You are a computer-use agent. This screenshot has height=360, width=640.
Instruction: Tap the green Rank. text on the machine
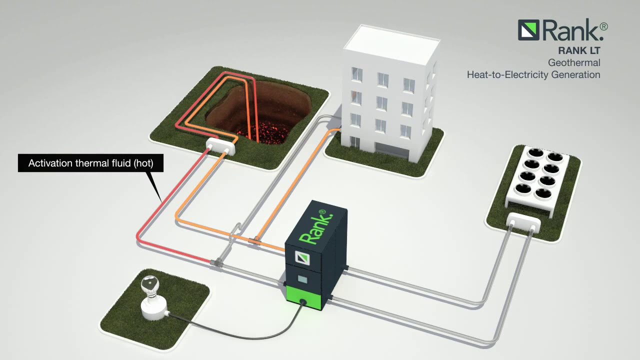click(313, 227)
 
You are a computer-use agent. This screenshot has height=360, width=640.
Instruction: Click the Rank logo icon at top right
click(528, 30)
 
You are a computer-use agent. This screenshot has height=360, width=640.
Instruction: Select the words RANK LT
click(579, 50)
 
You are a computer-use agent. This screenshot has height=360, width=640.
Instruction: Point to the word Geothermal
click(574, 63)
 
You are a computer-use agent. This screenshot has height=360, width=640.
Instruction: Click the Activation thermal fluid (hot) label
click(90, 163)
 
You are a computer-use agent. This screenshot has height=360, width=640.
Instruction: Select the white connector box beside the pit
click(220, 146)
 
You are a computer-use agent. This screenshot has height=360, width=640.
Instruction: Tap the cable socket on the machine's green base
click(302, 301)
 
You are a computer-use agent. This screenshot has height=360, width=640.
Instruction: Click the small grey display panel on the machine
click(303, 278)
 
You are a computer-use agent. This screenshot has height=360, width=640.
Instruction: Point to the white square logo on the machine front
click(303, 258)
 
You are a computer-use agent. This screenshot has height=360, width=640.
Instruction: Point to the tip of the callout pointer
click(160, 201)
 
